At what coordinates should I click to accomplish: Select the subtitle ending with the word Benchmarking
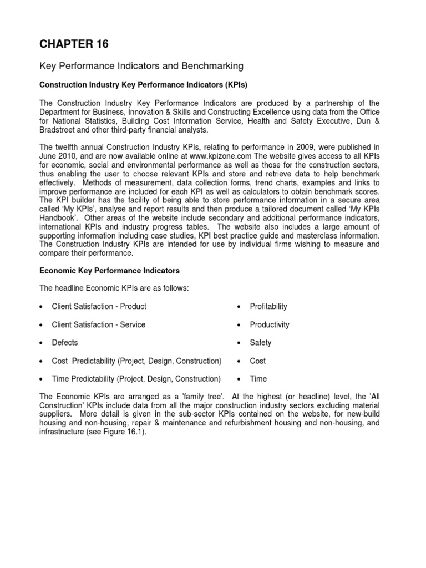click(141, 66)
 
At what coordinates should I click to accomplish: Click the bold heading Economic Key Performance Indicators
click(109, 271)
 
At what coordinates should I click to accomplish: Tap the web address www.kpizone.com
click(259, 155)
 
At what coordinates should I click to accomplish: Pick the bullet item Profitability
click(268, 306)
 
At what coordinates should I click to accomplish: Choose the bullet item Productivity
click(270, 324)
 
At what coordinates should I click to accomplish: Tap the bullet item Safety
click(261, 343)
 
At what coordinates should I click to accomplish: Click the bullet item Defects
click(65, 343)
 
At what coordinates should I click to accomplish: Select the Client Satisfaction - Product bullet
click(99, 306)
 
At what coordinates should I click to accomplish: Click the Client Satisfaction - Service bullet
click(99, 324)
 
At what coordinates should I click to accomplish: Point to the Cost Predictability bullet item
click(136, 361)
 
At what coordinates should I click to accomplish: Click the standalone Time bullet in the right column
click(258, 379)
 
